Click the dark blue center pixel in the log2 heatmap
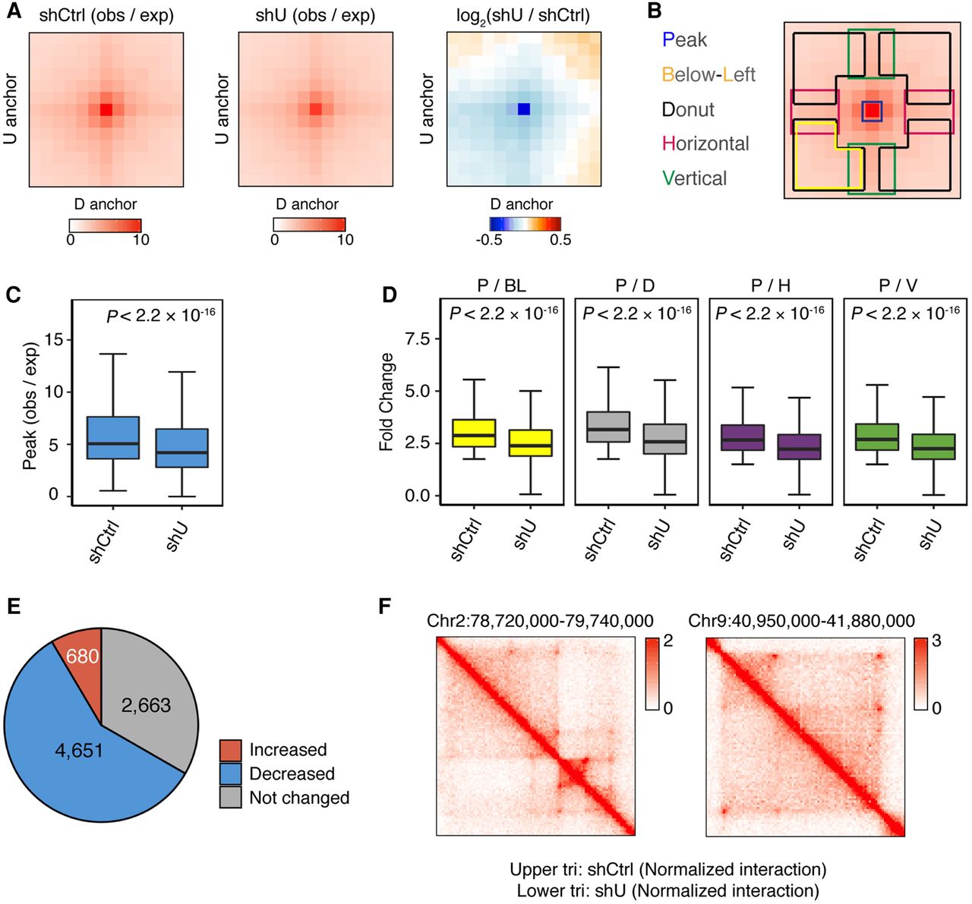[524, 109]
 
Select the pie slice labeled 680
[80, 655]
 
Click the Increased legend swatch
[230, 751]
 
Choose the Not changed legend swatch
[230, 797]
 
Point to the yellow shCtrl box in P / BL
[474, 433]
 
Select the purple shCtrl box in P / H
[743, 437]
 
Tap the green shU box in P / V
[933, 446]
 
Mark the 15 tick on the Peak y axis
[69, 340]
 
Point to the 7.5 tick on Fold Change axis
[437, 339]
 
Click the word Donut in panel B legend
[688, 109]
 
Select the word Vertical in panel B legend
[694, 178]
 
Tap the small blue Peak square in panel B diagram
[872, 111]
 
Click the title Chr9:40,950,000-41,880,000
[801, 621]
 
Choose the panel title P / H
[771, 285]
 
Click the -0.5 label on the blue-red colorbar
[489, 240]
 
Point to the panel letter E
[13, 621]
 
